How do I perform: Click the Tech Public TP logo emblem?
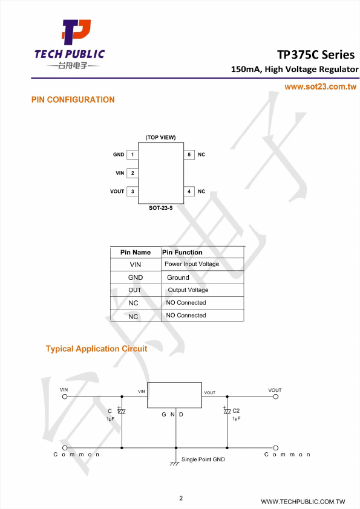tap(76, 32)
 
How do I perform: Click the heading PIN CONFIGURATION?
tap(73, 100)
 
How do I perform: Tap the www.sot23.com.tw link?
tap(320, 86)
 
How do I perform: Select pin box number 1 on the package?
tap(133, 155)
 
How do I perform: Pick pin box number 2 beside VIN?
tap(133, 173)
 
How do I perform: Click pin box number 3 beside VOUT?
tap(133, 191)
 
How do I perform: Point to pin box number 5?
tap(189, 155)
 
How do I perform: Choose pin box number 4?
tap(189, 191)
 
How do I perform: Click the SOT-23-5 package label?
tap(160, 208)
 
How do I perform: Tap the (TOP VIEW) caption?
tap(160, 137)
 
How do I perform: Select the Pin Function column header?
tap(182, 252)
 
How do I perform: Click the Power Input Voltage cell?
tap(192, 264)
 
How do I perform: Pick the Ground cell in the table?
tap(178, 277)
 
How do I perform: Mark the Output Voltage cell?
tap(188, 290)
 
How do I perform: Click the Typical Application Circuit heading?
tap(96, 349)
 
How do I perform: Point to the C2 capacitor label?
tap(236, 410)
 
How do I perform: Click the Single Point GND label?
tap(203, 459)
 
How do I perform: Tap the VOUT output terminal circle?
tap(275, 397)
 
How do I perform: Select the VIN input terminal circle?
tap(65, 397)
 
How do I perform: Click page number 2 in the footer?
tap(181, 498)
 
